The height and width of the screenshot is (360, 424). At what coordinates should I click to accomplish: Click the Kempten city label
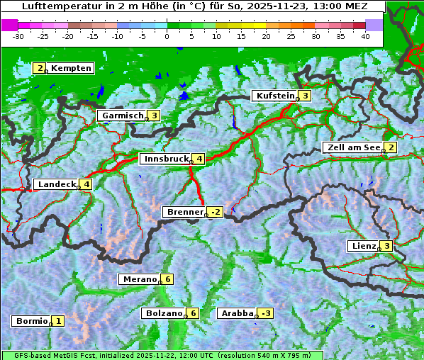coord(71,68)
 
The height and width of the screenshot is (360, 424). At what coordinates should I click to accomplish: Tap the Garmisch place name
coord(123,116)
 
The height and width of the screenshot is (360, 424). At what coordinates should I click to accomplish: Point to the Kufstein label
coord(275,96)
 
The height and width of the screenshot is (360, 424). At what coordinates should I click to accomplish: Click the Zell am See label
coord(352,147)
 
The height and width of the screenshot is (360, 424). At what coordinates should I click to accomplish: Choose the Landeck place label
coord(56,184)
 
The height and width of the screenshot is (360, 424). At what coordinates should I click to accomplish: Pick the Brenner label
coord(184,212)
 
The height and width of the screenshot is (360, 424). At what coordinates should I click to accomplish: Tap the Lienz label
coord(363,246)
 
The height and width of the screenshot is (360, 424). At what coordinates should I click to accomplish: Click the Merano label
coord(139,279)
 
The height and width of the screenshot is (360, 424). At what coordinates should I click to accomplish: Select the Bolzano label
coord(164,313)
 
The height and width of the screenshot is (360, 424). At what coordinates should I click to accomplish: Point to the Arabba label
coord(237,313)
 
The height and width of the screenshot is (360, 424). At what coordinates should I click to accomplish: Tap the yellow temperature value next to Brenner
coord(216,212)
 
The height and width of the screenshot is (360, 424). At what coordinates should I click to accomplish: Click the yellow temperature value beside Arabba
coord(266,313)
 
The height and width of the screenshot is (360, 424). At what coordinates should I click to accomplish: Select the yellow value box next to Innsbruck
coord(200,159)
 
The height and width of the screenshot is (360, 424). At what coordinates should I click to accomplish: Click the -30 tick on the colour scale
coord(19,35)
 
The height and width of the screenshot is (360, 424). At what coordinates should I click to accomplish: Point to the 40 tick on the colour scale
coord(365,35)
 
